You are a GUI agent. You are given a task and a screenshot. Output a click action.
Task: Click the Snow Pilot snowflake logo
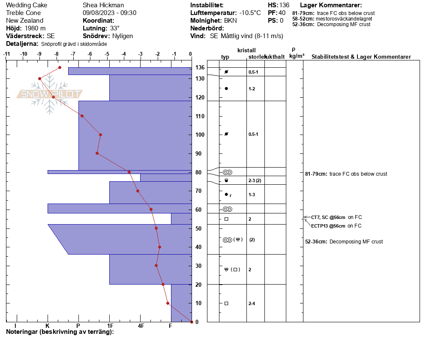[49, 94]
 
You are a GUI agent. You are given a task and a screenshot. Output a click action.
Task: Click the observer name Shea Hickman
[103, 5]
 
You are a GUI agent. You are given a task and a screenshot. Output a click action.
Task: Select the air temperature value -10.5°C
[250, 13]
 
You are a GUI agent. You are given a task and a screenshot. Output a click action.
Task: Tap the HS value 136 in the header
[285, 5]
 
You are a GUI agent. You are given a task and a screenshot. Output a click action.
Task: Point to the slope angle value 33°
[115, 28]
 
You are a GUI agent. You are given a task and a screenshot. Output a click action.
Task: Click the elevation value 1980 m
[35, 28]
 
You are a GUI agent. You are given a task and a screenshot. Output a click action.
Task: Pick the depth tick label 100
[200, 135]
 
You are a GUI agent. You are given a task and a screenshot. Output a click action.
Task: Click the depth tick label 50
[198, 228]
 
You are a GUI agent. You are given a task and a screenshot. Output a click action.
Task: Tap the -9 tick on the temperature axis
[40, 54]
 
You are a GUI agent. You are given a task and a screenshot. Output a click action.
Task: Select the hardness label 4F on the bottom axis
[141, 326]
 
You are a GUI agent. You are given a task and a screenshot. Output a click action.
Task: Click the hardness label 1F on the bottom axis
[110, 326]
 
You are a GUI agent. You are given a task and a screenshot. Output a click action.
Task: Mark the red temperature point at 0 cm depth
[192, 322]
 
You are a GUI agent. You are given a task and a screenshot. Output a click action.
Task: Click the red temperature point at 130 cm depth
[40, 79]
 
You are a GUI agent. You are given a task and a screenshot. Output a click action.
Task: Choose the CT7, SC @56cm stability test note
[328, 217]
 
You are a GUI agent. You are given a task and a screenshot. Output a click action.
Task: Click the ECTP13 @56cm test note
[328, 226]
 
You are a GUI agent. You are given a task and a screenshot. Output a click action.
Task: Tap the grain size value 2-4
[252, 303]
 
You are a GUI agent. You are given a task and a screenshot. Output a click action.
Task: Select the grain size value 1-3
[252, 195]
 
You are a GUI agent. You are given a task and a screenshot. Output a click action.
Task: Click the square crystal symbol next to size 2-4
[226, 303]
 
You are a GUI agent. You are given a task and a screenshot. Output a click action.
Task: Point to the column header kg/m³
[297, 56]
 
